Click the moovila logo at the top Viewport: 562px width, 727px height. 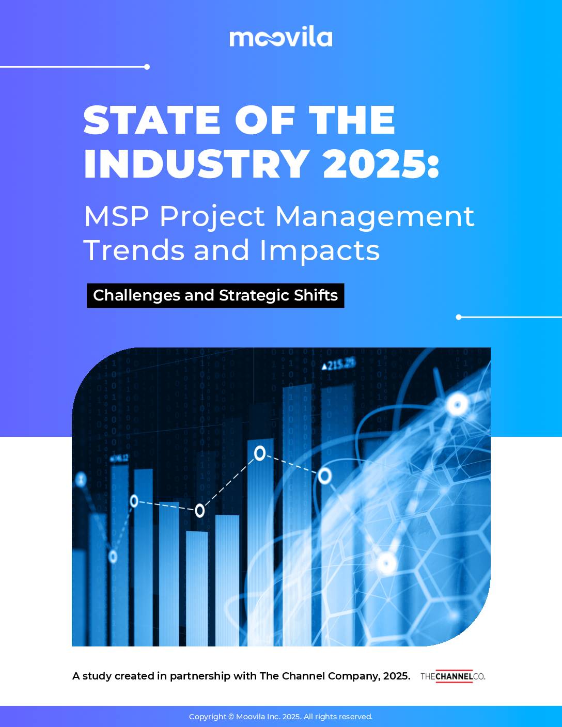click(280, 38)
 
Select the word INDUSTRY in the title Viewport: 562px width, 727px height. click(197, 164)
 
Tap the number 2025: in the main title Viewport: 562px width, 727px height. click(381, 164)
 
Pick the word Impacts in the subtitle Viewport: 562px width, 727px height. click(320, 250)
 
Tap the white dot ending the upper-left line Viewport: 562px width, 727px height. click(147, 67)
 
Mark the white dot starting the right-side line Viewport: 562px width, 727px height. click(459, 317)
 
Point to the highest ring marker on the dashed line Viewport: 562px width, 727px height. click(260, 453)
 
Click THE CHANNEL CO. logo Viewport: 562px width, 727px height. click(452, 676)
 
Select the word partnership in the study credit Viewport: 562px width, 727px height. click(200, 676)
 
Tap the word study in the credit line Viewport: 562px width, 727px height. click(97, 676)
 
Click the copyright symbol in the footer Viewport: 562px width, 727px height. click(231, 717)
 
